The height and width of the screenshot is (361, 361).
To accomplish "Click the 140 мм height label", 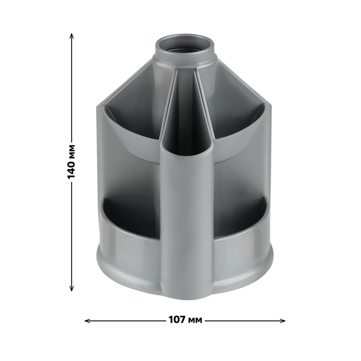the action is [71, 162].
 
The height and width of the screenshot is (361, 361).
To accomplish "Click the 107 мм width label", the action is [185, 320].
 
